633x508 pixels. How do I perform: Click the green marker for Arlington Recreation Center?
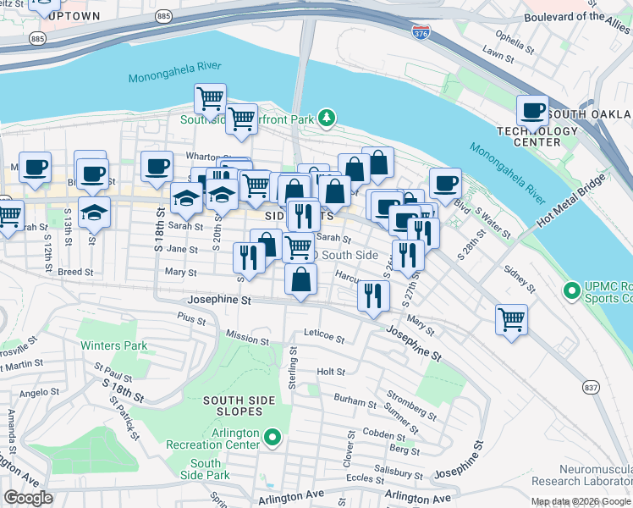(x=272, y=438)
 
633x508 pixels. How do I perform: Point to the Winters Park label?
(x=113, y=345)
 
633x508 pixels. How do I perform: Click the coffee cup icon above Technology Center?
(x=533, y=110)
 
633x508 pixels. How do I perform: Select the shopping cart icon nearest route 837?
(x=511, y=320)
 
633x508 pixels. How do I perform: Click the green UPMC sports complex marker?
(x=572, y=290)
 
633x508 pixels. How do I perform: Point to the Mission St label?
(x=247, y=338)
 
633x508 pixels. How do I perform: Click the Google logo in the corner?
(x=28, y=498)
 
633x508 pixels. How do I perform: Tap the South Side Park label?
(x=206, y=469)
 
